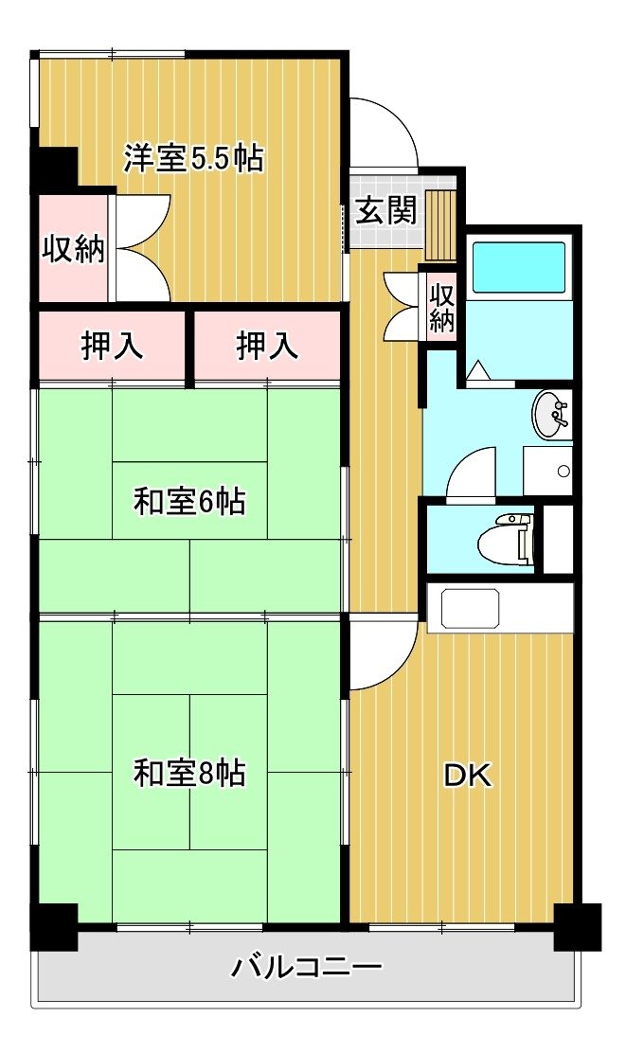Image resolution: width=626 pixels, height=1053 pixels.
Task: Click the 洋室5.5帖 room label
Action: click(192, 158)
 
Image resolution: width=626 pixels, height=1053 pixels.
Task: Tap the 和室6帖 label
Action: click(189, 502)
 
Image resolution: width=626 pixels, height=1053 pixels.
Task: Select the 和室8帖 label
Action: click(189, 773)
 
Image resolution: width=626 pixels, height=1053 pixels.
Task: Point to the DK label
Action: click(468, 776)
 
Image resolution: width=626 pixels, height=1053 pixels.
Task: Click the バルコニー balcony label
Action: click(307, 968)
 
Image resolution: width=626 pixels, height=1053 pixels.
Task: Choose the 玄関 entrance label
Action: click(386, 211)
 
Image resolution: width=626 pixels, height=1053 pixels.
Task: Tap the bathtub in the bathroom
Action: click(519, 267)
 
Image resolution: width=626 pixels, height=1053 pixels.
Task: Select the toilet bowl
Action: click(507, 539)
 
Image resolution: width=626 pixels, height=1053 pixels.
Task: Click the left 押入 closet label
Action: click(112, 347)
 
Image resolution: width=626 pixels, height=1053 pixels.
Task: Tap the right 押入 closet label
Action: click(267, 347)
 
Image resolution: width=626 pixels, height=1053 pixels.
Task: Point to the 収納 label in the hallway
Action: click(441, 308)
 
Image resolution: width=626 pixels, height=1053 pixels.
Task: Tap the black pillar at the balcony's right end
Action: click(577, 927)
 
